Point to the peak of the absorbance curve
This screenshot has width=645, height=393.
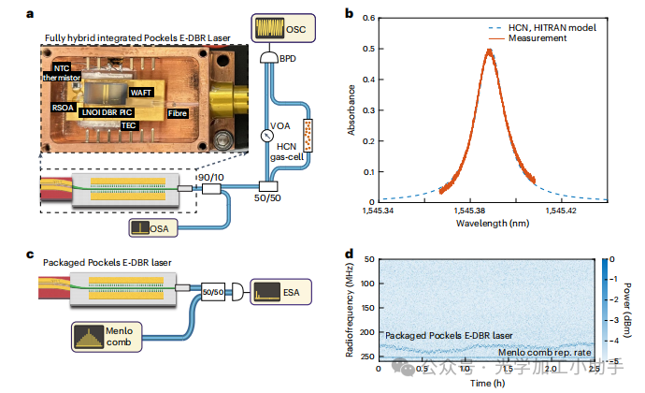coord(487,51)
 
